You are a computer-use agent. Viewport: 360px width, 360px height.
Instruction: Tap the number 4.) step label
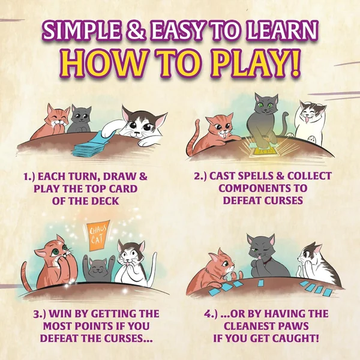tap(211, 314)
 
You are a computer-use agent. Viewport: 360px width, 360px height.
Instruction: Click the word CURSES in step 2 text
tap(283, 200)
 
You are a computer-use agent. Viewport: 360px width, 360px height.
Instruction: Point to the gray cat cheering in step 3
tap(99, 269)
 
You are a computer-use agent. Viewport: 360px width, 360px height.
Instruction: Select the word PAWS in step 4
tap(294, 326)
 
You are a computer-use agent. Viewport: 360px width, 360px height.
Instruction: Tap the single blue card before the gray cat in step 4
tap(261, 283)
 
